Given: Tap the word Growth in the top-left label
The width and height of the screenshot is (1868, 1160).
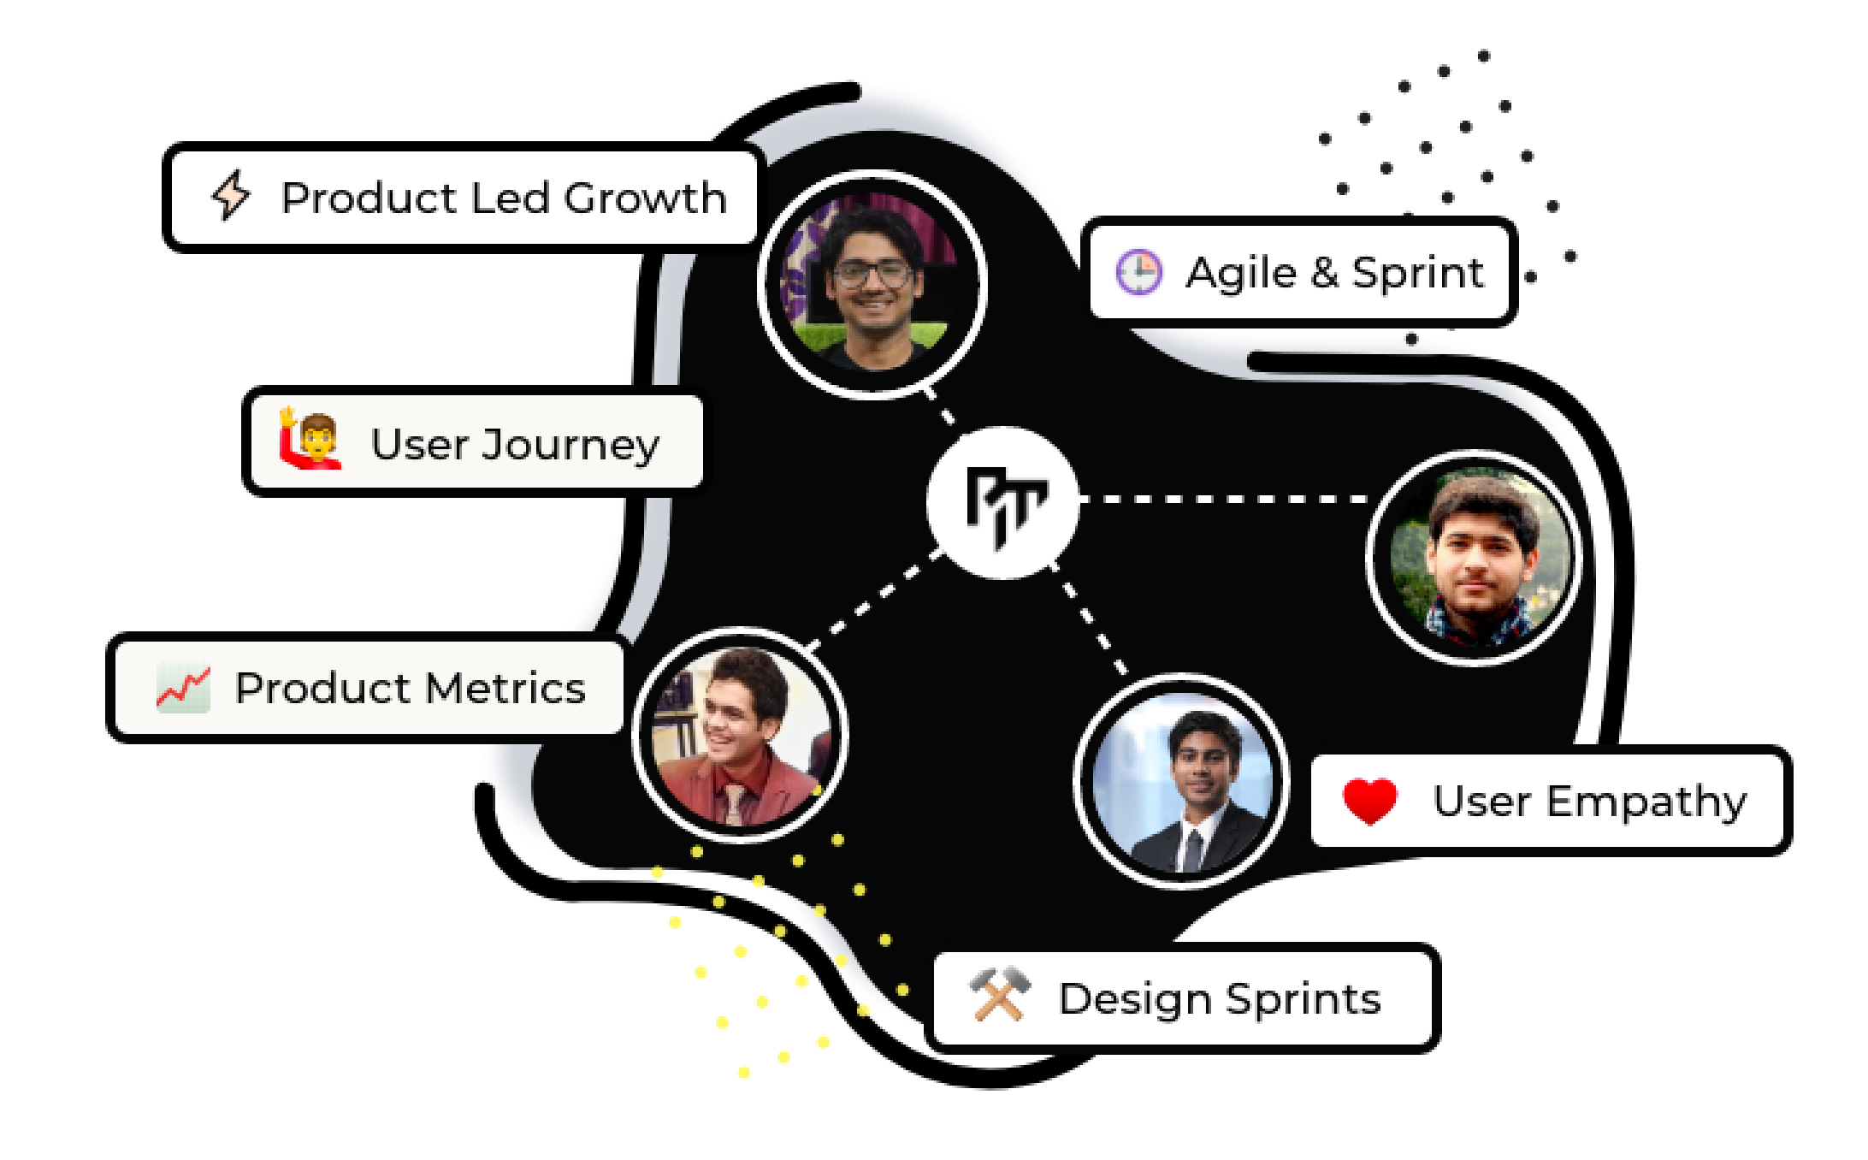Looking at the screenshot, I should (645, 198).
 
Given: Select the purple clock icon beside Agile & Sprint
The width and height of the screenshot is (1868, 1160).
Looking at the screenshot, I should (1138, 273).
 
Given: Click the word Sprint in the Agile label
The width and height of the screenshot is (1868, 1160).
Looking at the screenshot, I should (1417, 274).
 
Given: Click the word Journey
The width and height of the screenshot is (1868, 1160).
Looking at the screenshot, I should (570, 445).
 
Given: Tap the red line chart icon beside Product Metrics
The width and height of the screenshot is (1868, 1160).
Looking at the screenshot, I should (183, 688).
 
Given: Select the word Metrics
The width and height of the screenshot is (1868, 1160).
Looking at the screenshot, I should (505, 688).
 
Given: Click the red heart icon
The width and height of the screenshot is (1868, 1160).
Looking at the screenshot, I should (1369, 802).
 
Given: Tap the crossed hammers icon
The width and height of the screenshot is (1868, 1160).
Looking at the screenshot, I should (999, 994).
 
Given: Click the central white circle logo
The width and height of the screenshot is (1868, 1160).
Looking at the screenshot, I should (1002, 503).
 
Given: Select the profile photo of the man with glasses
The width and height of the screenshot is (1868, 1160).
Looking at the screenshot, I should (872, 284).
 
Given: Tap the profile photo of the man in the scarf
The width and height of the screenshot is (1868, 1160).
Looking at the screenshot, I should (1474, 558).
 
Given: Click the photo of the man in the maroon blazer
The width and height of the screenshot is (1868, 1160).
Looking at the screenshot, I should (740, 736).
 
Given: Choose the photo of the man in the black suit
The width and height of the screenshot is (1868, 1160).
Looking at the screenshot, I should (1181, 781).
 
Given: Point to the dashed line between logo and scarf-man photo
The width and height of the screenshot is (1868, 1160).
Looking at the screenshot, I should (1223, 498).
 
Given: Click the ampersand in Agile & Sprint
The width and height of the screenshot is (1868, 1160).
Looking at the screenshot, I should (1324, 274).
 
